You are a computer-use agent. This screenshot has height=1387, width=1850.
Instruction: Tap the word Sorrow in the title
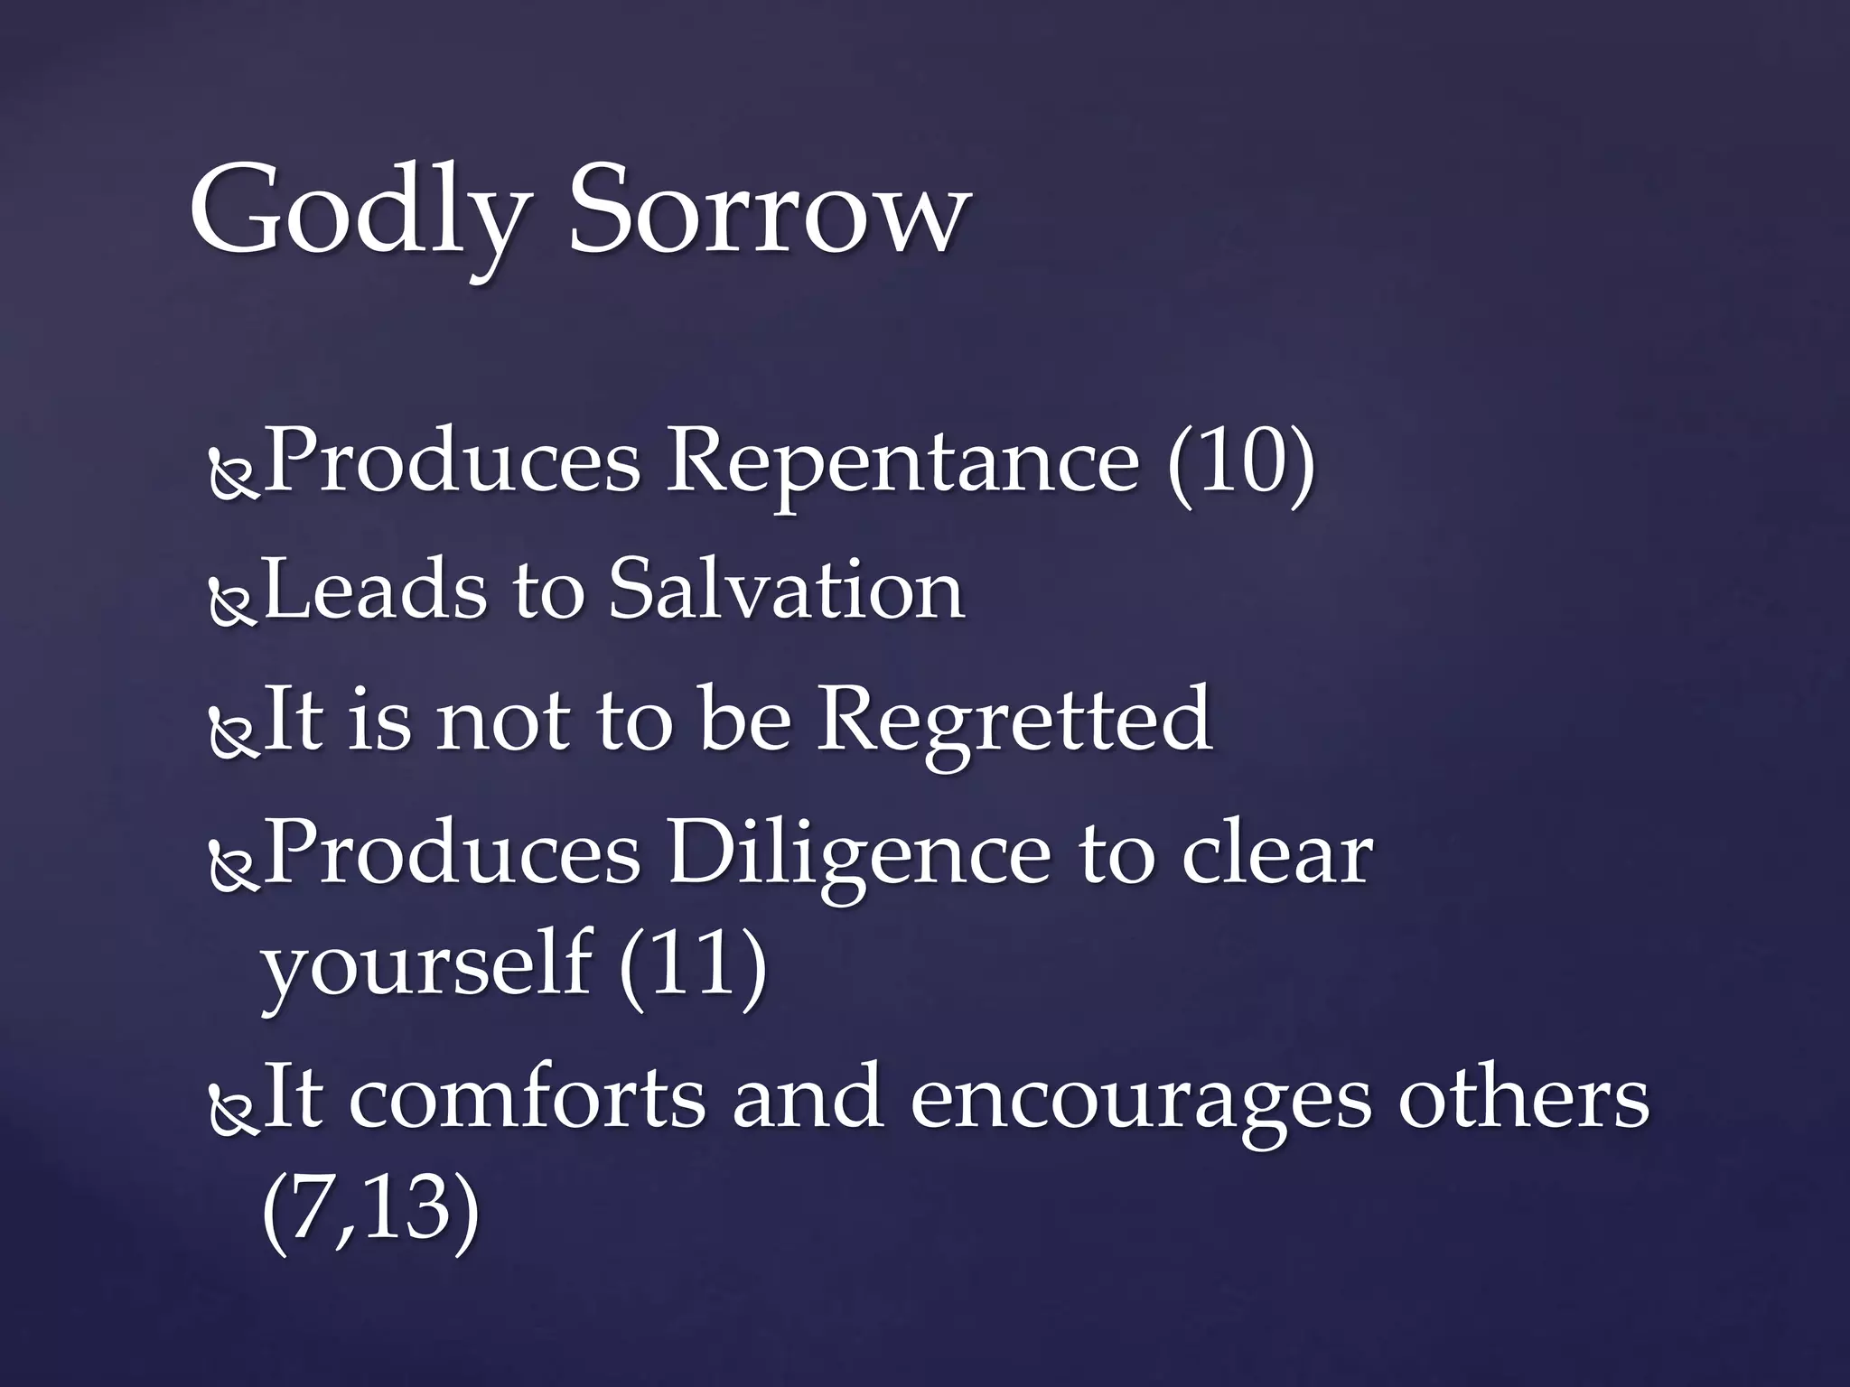pos(768,212)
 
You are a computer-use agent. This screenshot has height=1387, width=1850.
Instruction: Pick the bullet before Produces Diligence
pos(233,868)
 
